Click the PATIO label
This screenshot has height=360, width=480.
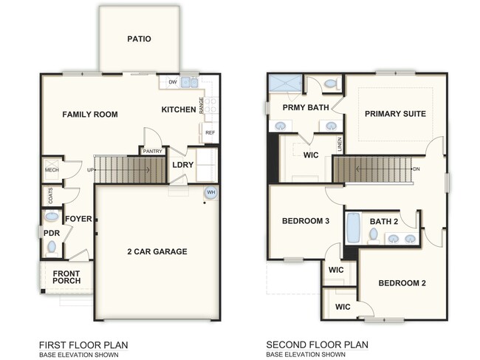click(x=139, y=38)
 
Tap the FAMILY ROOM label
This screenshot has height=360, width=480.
click(x=89, y=115)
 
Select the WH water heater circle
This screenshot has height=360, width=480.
click(x=210, y=193)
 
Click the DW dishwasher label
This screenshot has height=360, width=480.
click(x=172, y=82)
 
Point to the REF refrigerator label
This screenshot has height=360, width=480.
click(x=210, y=133)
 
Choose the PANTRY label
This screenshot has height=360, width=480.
click(x=153, y=151)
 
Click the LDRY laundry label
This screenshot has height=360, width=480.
click(x=182, y=165)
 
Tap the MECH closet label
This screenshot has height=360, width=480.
click(x=51, y=169)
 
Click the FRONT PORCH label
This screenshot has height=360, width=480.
click(x=66, y=278)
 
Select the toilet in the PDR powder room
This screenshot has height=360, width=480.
click(x=51, y=248)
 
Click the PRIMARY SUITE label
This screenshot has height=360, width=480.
click(x=395, y=114)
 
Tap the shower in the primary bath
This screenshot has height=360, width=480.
click(x=284, y=83)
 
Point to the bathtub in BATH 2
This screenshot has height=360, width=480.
click(x=353, y=228)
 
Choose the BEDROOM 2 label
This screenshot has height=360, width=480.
click(x=402, y=283)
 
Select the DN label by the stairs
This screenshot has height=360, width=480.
click(x=417, y=169)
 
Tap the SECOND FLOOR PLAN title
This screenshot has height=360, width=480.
click(x=317, y=344)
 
